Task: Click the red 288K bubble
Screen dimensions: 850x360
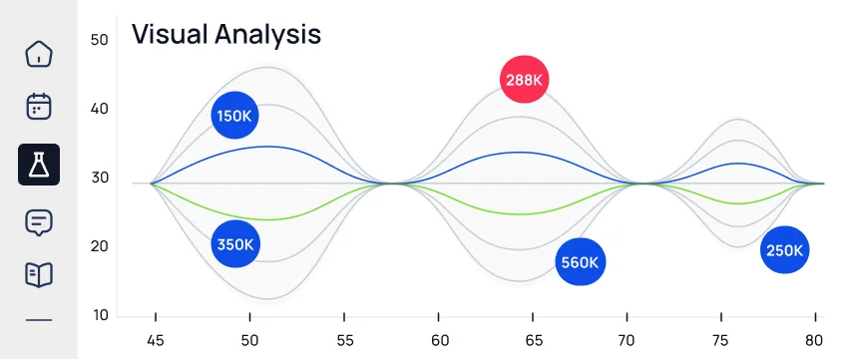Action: click(524, 79)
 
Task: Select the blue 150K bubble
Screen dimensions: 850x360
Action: click(234, 116)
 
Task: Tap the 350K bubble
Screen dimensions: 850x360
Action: click(235, 244)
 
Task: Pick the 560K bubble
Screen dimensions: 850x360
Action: click(580, 262)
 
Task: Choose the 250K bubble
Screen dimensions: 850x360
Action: click(784, 250)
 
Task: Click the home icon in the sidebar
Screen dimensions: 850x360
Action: click(39, 54)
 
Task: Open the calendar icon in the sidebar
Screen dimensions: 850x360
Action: click(39, 107)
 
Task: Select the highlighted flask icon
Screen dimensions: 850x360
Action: click(39, 165)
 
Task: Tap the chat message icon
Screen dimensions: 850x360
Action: click(39, 222)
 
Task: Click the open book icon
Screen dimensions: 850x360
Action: click(39, 275)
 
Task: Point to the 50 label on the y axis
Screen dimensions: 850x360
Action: click(99, 40)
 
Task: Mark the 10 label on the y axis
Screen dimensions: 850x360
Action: click(99, 315)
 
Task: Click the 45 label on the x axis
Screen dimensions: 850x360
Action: click(156, 340)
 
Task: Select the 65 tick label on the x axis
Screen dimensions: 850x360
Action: click(534, 340)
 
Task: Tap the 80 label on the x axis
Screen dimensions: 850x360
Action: click(814, 340)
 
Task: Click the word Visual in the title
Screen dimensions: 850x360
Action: click(170, 34)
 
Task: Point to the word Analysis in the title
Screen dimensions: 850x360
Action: click(267, 35)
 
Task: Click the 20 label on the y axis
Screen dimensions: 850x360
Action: click(99, 246)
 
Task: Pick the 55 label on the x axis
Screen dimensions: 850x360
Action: click(345, 340)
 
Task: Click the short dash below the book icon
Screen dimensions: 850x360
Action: click(39, 320)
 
